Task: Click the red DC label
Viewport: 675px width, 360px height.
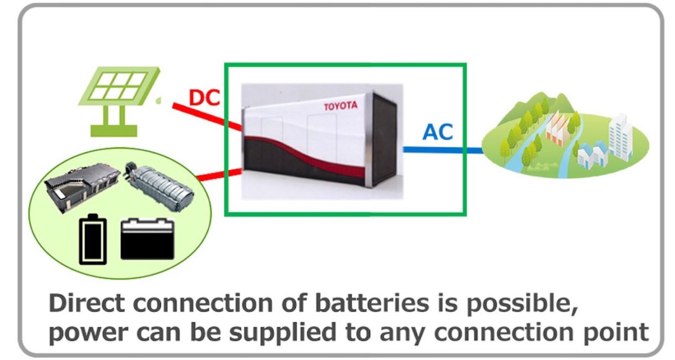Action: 204,98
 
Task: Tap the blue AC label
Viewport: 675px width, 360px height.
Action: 438,132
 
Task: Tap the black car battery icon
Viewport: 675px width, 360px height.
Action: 147,239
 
